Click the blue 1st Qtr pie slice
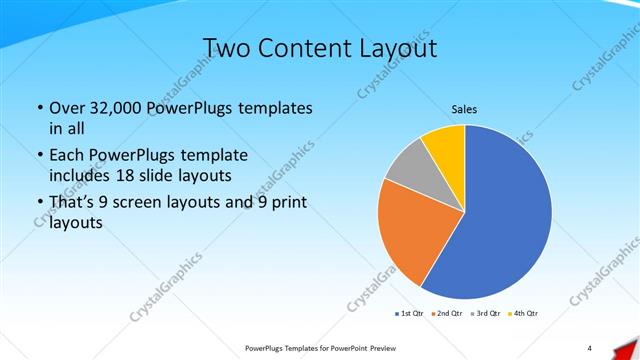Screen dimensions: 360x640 [x=500, y=220]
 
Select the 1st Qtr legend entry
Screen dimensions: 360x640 [x=410, y=314]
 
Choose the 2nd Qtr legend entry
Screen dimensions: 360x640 [x=447, y=314]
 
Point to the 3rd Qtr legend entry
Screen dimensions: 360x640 [x=485, y=314]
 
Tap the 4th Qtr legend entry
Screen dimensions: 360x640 [x=523, y=314]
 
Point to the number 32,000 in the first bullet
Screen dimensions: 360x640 [x=112, y=108]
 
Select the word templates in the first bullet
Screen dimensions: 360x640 [x=274, y=108]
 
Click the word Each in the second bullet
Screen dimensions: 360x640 [x=67, y=156]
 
